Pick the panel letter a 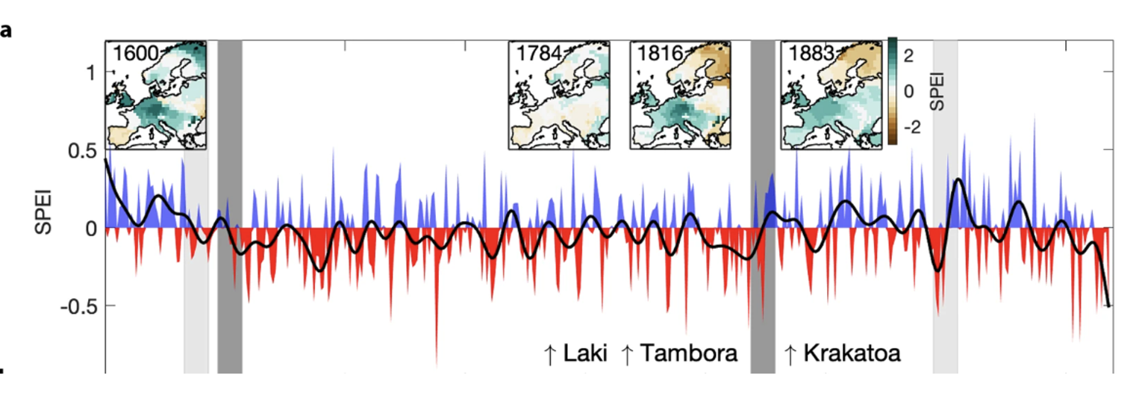[x=6, y=32]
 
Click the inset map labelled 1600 [x=156, y=95]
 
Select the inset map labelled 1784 [x=557, y=95]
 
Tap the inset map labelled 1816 [x=678, y=95]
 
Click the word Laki [x=586, y=353]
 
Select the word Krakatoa [x=851, y=353]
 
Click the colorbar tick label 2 [x=908, y=54]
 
